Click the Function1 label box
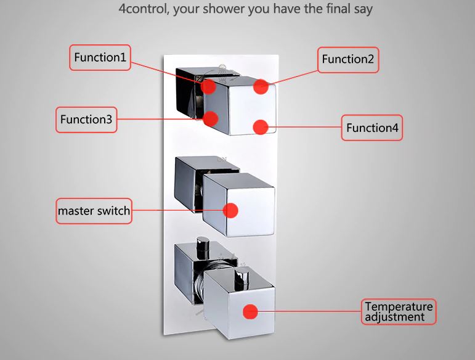tap(100, 57)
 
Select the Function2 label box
tap(348, 59)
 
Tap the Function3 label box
tap(86, 120)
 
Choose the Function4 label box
tap(372, 128)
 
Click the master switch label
tap(94, 211)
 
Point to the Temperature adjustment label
tap(399, 311)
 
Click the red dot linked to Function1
tap(209, 86)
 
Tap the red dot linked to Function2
tap(261, 86)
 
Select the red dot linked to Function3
tap(211, 118)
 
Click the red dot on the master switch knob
tap(230, 211)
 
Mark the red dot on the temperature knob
tap(250, 312)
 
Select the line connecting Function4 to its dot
tap(305, 128)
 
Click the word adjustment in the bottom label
tap(394, 317)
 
